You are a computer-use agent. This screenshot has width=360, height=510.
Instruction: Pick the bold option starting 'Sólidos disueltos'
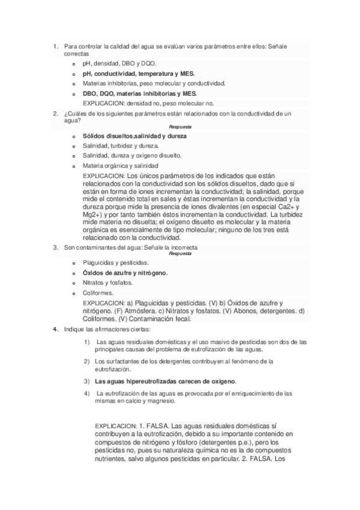click(135, 136)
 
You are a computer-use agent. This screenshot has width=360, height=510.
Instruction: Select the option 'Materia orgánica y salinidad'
click(121, 165)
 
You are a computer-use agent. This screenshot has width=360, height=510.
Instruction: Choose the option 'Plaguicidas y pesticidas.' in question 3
click(117, 263)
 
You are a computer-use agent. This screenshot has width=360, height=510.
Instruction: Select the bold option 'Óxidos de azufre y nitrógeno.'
click(125, 272)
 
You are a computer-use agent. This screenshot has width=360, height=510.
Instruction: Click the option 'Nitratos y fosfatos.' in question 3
click(108, 283)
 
